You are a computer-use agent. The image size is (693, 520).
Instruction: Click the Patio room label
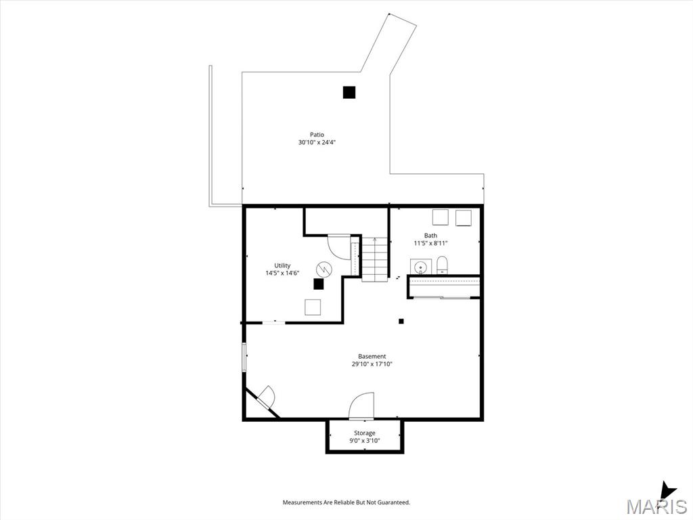click(317, 135)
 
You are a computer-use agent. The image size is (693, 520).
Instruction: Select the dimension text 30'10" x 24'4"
click(317, 142)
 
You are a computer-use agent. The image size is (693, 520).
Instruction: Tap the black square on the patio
click(349, 92)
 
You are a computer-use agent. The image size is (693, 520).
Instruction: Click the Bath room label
click(430, 235)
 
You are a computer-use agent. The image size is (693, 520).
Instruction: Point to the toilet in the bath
click(443, 265)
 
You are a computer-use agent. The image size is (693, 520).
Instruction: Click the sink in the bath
click(420, 267)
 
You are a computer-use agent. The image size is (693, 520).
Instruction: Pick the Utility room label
click(282, 265)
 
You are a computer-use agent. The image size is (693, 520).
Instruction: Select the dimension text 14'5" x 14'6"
click(282, 274)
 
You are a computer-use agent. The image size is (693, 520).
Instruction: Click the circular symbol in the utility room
click(323, 268)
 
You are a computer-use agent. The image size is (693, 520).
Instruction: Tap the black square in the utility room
click(318, 284)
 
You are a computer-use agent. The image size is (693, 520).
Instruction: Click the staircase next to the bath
click(375, 259)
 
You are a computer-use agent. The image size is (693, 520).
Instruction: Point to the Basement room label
click(372, 356)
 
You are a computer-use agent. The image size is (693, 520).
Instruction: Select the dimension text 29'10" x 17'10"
click(372, 364)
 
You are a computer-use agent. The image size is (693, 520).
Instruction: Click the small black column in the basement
click(401, 322)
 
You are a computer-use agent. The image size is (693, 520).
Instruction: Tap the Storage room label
click(365, 433)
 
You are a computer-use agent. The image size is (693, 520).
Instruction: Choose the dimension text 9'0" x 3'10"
click(365, 440)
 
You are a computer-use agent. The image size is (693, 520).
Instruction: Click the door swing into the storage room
click(361, 406)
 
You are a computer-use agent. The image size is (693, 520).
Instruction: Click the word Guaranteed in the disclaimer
click(395, 502)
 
